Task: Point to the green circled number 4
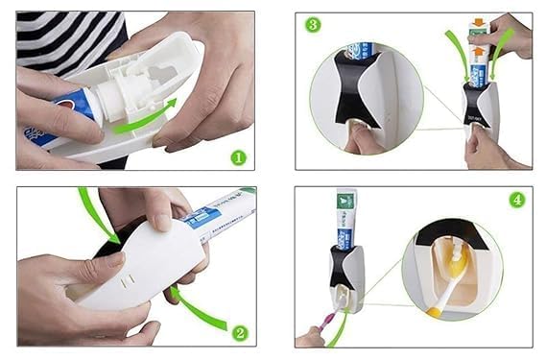coord(516,203)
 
